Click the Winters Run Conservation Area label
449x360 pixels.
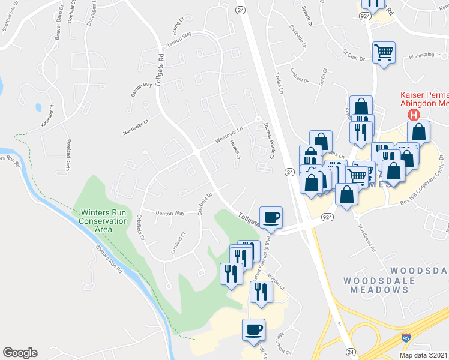pos(104,220)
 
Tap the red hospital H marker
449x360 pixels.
pos(413,115)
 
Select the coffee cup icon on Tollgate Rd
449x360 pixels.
pos(271,217)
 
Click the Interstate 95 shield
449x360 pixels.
pos(406,340)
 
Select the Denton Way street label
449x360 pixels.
pos(169,213)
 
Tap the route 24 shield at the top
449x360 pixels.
pos(240,10)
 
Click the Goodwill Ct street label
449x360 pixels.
pos(178,243)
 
